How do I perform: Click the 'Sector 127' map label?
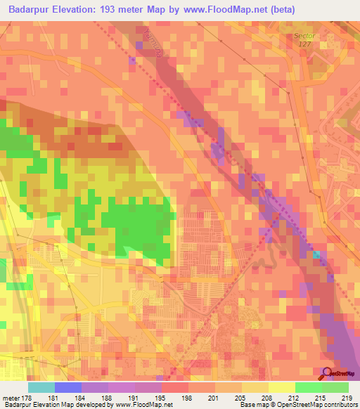pyautogui.click(x=305, y=39)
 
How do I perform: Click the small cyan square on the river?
pyautogui.click(x=317, y=254)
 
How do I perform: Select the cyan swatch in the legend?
pyautogui.click(x=41, y=387)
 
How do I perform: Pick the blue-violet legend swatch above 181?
pyautogui.click(x=68, y=387)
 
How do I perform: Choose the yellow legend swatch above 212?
pyautogui.click(x=282, y=387)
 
